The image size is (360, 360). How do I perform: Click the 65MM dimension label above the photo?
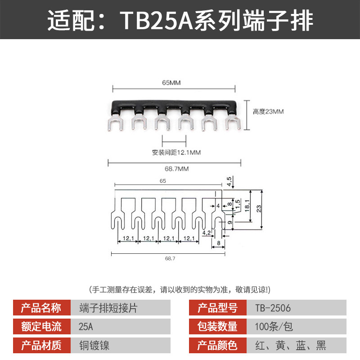171,83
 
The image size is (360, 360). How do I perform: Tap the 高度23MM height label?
268,112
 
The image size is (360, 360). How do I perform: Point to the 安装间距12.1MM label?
176,153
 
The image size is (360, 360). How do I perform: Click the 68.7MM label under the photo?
176,169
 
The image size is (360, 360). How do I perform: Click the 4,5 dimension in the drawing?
229,181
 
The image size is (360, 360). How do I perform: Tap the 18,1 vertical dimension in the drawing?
247,205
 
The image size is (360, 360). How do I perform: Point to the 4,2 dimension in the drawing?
207,233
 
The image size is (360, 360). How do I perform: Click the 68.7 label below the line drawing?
170,258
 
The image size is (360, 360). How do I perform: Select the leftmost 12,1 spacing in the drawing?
128,238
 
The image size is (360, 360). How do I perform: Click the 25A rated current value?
85,327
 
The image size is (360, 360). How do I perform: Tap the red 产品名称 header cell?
42,308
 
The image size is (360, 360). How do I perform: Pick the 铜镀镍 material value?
94,345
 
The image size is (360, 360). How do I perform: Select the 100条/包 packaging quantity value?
274,327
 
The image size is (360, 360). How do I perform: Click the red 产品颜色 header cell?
218,345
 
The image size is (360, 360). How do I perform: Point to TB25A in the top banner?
156,20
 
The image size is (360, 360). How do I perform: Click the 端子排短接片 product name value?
108,308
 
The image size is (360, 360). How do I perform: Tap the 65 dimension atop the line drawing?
163,181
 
